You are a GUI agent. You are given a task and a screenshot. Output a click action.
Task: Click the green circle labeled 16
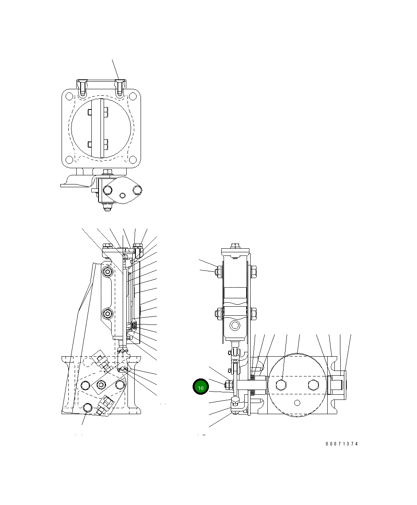pos(201,387)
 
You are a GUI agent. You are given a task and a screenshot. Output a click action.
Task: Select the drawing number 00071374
pos(342,444)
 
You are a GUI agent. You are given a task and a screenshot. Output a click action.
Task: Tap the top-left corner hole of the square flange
pos(69,96)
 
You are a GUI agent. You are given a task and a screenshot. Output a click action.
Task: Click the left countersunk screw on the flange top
pos(82,88)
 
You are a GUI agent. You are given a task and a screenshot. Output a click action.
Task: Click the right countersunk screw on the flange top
pos(120,88)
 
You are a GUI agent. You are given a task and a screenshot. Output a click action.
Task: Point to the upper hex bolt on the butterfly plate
pos(106,112)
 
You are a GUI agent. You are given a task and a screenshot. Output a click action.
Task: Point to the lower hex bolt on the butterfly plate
pos(106,144)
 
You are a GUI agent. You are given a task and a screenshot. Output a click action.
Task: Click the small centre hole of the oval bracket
pos(122,195)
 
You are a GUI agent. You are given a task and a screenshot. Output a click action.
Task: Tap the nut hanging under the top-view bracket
pos(106,207)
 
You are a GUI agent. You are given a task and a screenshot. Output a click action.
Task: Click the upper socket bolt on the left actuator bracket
pos(108,272)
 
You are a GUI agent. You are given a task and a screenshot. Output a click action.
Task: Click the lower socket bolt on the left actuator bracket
pos(108,314)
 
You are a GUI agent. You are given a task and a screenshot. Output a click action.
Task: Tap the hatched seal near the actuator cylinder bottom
pos(134,326)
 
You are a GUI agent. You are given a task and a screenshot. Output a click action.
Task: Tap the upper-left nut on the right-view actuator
pos(217,271)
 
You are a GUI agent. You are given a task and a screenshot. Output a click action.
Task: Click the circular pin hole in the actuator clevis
pos(236,325)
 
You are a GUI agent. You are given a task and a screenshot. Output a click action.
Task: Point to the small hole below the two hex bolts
pos(297,403)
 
